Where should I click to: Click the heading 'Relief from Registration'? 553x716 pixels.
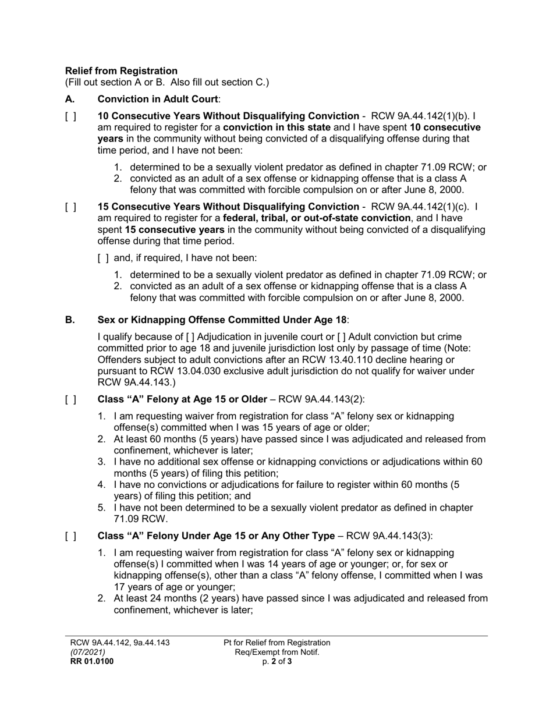point(121,71)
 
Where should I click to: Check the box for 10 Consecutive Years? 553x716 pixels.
point(70,116)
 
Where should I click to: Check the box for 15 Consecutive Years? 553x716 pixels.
point(70,207)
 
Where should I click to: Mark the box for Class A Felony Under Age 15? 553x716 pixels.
point(70,536)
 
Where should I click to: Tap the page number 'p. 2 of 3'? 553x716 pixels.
point(276,661)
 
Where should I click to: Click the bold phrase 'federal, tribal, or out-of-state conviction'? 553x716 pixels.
point(317,218)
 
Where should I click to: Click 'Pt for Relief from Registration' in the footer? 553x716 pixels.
point(276,643)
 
